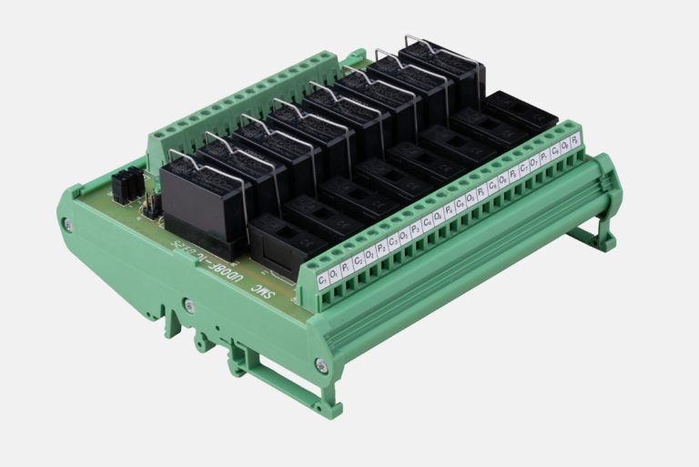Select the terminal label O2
click(369, 256)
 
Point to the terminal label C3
click(392, 242)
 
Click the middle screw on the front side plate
click(188, 306)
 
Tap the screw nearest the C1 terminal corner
click(321, 365)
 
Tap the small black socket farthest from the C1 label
click(520, 111)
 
